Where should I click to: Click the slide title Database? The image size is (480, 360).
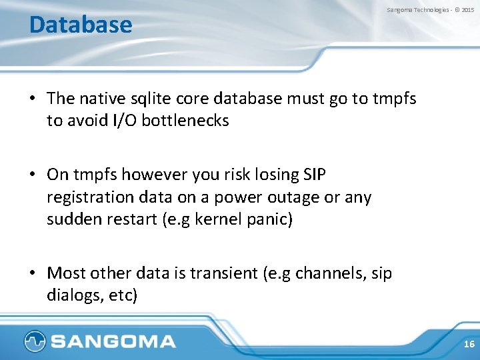pyautogui.click(x=81, y=25)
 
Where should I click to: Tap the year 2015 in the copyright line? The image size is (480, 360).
pyautogui.click(x=468, y=10)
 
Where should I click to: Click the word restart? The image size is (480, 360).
pyautogui.click(x=133, y=219)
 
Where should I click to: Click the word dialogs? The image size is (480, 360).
pyautogui.click(x=72, y=295)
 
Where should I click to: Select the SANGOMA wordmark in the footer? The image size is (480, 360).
pyautogui.click(x=113, y=342)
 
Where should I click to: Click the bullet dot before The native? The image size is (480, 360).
pyautogui.click(x=32, y=99)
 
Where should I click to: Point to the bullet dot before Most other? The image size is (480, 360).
pyautogui.click(x=32, y=273)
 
